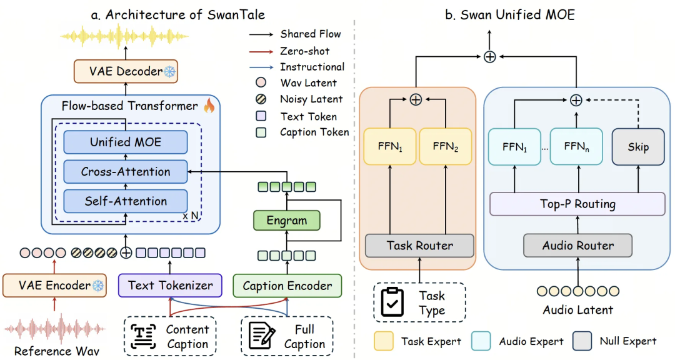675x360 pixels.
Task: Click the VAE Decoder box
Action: pos(126,71)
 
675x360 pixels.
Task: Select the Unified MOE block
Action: pos(126,142)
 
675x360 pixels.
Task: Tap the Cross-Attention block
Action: pos(126,172)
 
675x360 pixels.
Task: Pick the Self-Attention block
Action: pos(126,201)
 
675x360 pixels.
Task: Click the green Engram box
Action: pos(287,221)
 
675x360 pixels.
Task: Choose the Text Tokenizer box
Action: pos(170,286)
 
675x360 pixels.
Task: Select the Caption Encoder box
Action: pos(287,286)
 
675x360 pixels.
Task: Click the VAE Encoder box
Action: pos(54,286)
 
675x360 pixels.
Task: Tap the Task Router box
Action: pos(420,246)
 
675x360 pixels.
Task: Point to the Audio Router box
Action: pos(577,246)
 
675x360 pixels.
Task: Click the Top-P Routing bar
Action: pos(577,204)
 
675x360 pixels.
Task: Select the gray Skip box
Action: pos(638,147)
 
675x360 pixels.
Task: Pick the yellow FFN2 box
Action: pos(446,146)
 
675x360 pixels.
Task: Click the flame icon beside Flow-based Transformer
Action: pos(209,105)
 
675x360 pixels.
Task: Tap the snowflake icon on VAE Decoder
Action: pos(170,71)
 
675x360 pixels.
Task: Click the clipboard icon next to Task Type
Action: pos(392,302)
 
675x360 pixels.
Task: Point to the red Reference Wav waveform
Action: pos(54,329)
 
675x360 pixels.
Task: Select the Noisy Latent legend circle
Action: pos(261,99)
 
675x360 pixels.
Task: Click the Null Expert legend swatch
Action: pos(582,341)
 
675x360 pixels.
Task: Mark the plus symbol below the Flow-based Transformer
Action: pos(126,252)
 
